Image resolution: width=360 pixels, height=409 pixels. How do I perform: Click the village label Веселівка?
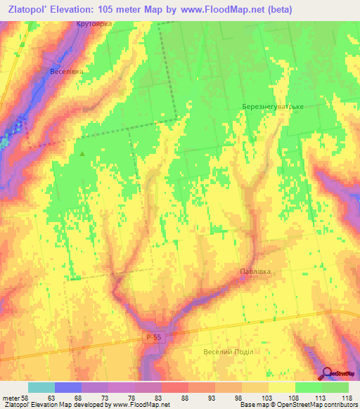pos(67,72)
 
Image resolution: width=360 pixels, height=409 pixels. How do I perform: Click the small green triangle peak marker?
pos(83,153)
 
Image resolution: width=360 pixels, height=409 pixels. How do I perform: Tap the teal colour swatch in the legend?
pos(41,387)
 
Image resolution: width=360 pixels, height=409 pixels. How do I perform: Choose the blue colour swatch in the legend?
pos(68,387)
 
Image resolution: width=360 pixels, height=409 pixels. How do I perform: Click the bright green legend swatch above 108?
pos(309,387)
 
